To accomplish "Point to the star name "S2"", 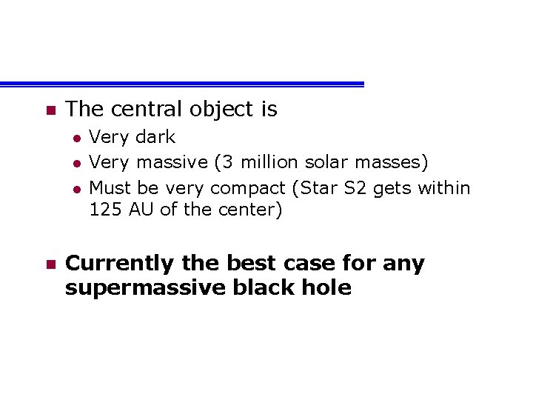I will [356, 188].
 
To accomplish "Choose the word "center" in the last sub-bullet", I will [248, 210].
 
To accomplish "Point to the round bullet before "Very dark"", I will [76, 138].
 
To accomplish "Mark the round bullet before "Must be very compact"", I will [76, 189].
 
